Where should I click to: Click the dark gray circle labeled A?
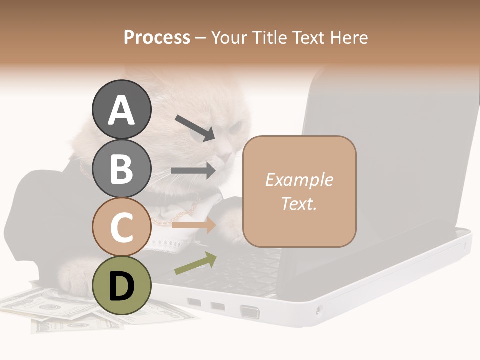pos(122,109)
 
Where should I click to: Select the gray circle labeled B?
pos(122,168)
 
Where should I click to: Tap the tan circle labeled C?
pos(122,227)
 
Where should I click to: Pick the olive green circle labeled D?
pos(122,285)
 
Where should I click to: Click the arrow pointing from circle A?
pos(195,128)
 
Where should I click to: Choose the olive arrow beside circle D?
pos(195,263)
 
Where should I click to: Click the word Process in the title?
pos(157,37)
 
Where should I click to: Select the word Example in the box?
pos(299,180)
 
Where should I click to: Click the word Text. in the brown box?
pos(299,203)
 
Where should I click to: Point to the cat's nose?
pos(227,158)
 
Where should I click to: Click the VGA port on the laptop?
pos(250,312)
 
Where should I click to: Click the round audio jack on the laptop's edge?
pos(318,311)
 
